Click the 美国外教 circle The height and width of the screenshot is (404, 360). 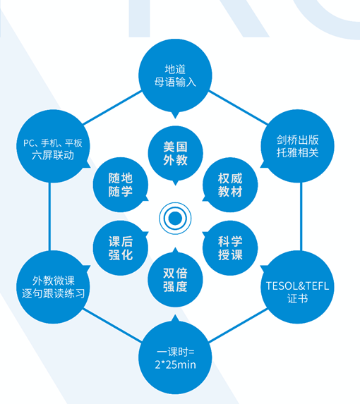pos(175,153)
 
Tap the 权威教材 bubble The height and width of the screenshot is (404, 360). pos(230,185)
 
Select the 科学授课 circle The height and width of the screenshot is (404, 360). pos(230,248)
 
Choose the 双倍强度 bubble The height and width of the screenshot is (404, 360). pos(175,279)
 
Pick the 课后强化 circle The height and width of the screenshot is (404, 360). pos(121,248)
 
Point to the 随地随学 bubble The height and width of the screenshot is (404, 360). pos(121,185)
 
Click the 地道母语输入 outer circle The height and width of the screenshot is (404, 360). pos(175,75)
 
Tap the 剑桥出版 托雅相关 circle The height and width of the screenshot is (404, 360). pos(297,146)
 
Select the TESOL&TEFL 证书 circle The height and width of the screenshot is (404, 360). pos(297,287)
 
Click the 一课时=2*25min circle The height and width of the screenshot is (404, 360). pos(175,357)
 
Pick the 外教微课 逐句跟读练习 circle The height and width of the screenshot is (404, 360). pos(53,287)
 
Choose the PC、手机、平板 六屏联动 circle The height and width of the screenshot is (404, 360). pos(53,146)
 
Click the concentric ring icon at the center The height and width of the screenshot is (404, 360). pos(175,219)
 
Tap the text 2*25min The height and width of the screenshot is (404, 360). pos(175,365)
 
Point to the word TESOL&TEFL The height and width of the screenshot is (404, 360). pos(297,286)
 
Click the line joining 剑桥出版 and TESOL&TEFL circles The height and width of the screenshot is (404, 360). pos(301,216)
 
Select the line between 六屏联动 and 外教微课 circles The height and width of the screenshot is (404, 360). pos(49,216)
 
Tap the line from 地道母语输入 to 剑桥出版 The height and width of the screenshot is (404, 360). pos(238,107)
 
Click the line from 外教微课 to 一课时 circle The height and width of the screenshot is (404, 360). pos(112,326)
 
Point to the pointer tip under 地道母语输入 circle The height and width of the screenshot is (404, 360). pos(175,118)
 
